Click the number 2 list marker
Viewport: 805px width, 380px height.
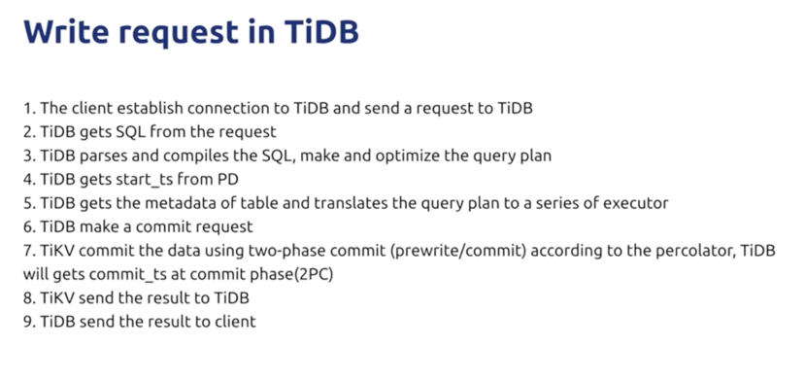29,132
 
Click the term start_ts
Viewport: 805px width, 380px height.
144,180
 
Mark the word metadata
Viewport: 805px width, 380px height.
194,203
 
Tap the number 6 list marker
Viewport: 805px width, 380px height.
29,227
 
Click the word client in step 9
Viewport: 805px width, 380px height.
234,322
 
